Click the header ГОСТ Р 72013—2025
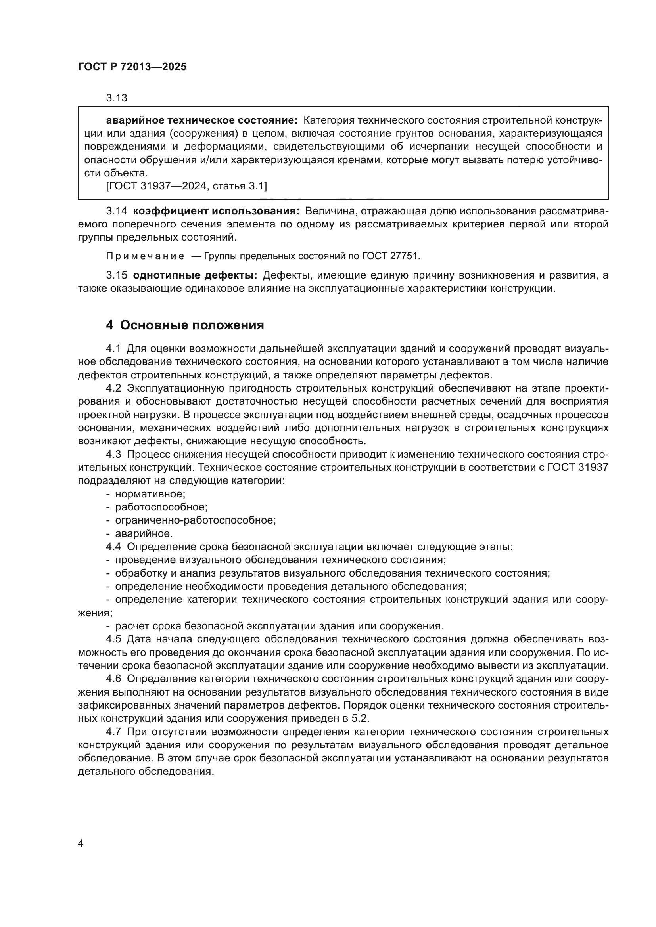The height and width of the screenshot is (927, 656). pyautogui.click(x=132, y=67)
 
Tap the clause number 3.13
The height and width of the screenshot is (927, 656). pyautogui.click(x=116, y=98)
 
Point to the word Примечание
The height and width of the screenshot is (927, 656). pyautogui.click(x=145, y=256)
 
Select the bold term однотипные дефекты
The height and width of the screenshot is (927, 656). pyautogui.click(x=195, y=276)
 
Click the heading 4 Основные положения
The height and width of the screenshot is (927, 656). pyautogui.click(x=185, y=325)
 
